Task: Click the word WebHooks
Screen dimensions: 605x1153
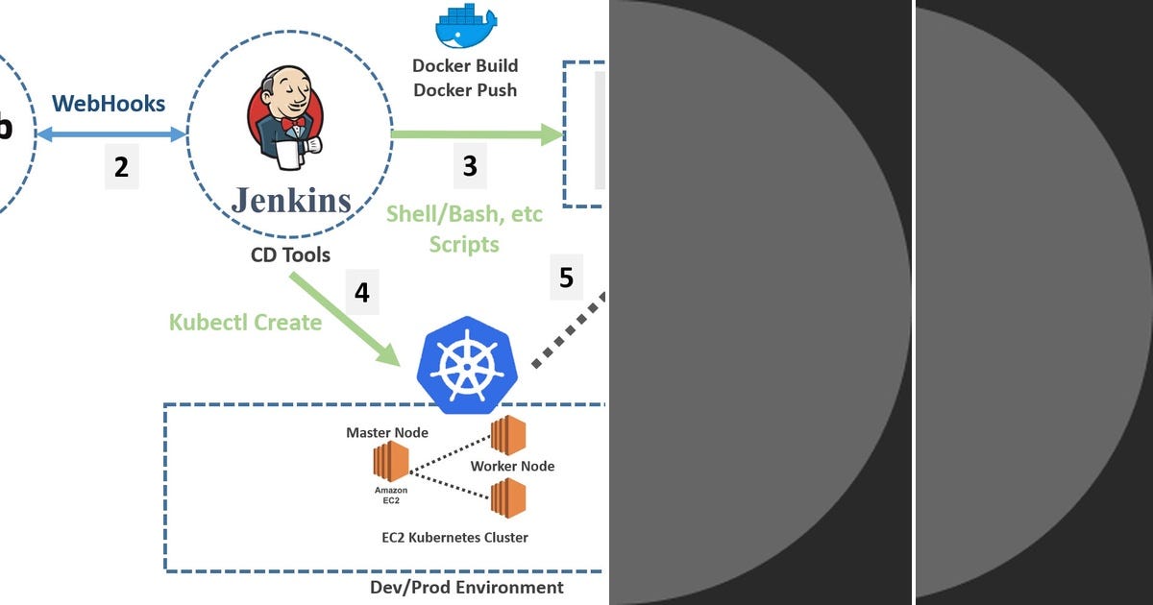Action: [109, 104]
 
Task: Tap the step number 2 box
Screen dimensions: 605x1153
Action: [121, 166]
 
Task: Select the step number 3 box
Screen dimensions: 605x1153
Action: [470, 166]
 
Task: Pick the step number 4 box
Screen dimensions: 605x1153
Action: [361, 292]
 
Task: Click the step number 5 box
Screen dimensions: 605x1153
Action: [566, 278]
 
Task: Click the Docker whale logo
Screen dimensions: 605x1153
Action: [466, 26]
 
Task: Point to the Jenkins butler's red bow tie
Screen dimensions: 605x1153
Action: [293, 124]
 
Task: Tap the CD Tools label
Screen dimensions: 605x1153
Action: [290, 254]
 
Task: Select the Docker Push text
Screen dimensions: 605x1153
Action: [465, 90]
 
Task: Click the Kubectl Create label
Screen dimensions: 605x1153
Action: [245, 322]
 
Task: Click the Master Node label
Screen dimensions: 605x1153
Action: [387, 433]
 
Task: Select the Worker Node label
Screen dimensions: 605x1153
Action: [512, 466]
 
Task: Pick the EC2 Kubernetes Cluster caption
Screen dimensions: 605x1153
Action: [454, 538]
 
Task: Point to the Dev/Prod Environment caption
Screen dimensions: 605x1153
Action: [467, 587]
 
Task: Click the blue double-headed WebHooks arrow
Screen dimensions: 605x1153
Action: [110, 135]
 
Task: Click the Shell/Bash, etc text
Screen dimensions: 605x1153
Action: [464, 213]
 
